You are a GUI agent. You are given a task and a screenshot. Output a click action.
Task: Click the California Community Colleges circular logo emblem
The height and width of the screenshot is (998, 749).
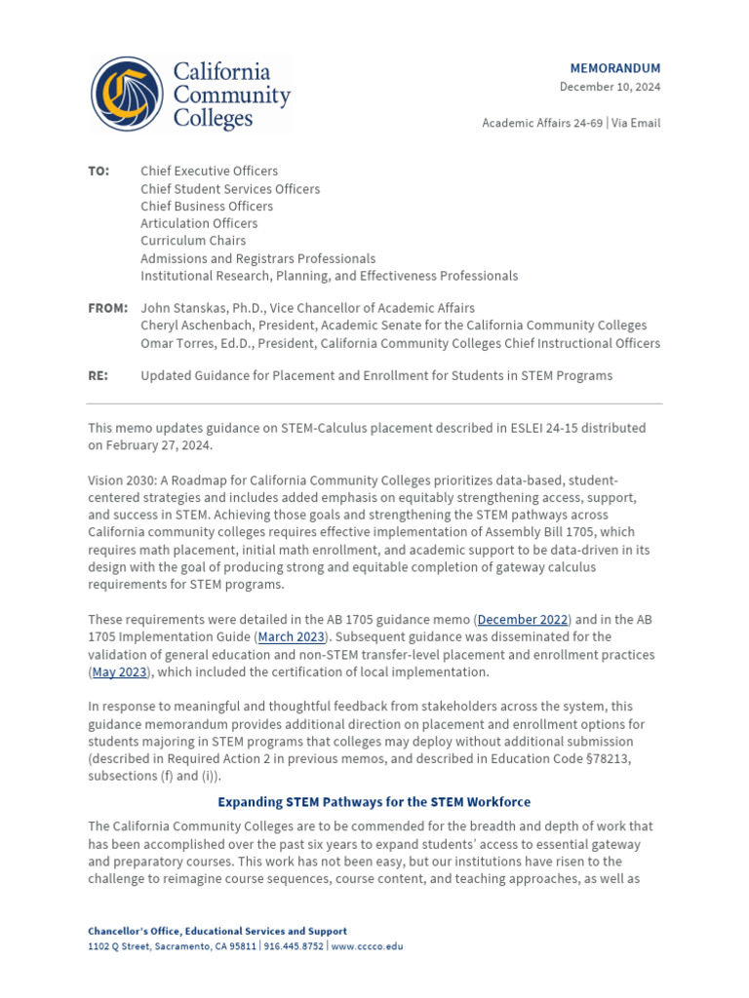point(127,95)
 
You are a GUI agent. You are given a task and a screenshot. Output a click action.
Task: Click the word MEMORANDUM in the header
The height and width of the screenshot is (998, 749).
point(614,68)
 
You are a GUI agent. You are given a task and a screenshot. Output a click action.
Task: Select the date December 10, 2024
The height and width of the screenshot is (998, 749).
point(610,87)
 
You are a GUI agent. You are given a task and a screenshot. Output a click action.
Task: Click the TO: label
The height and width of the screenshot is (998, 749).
point(99,172)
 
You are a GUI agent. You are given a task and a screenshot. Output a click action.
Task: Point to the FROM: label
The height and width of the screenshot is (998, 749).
point(107,308)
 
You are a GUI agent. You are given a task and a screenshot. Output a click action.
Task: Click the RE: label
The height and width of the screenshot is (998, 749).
point(98,375)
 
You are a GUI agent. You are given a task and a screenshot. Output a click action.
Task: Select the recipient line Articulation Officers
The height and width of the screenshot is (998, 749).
point(199,223)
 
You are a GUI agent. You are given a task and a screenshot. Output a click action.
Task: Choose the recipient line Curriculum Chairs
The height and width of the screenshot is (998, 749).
point(193,241)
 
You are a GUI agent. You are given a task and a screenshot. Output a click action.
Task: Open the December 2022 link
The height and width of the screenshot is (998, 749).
point(523,620)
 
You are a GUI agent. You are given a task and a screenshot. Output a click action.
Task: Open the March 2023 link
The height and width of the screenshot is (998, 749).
point(291,637)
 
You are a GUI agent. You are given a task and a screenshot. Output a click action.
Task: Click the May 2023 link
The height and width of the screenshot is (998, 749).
point(119,672)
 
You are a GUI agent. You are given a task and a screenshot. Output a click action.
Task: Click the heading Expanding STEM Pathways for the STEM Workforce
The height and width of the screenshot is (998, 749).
point(374,802)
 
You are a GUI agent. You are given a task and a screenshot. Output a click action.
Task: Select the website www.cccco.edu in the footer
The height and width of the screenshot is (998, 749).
point(366,946)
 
